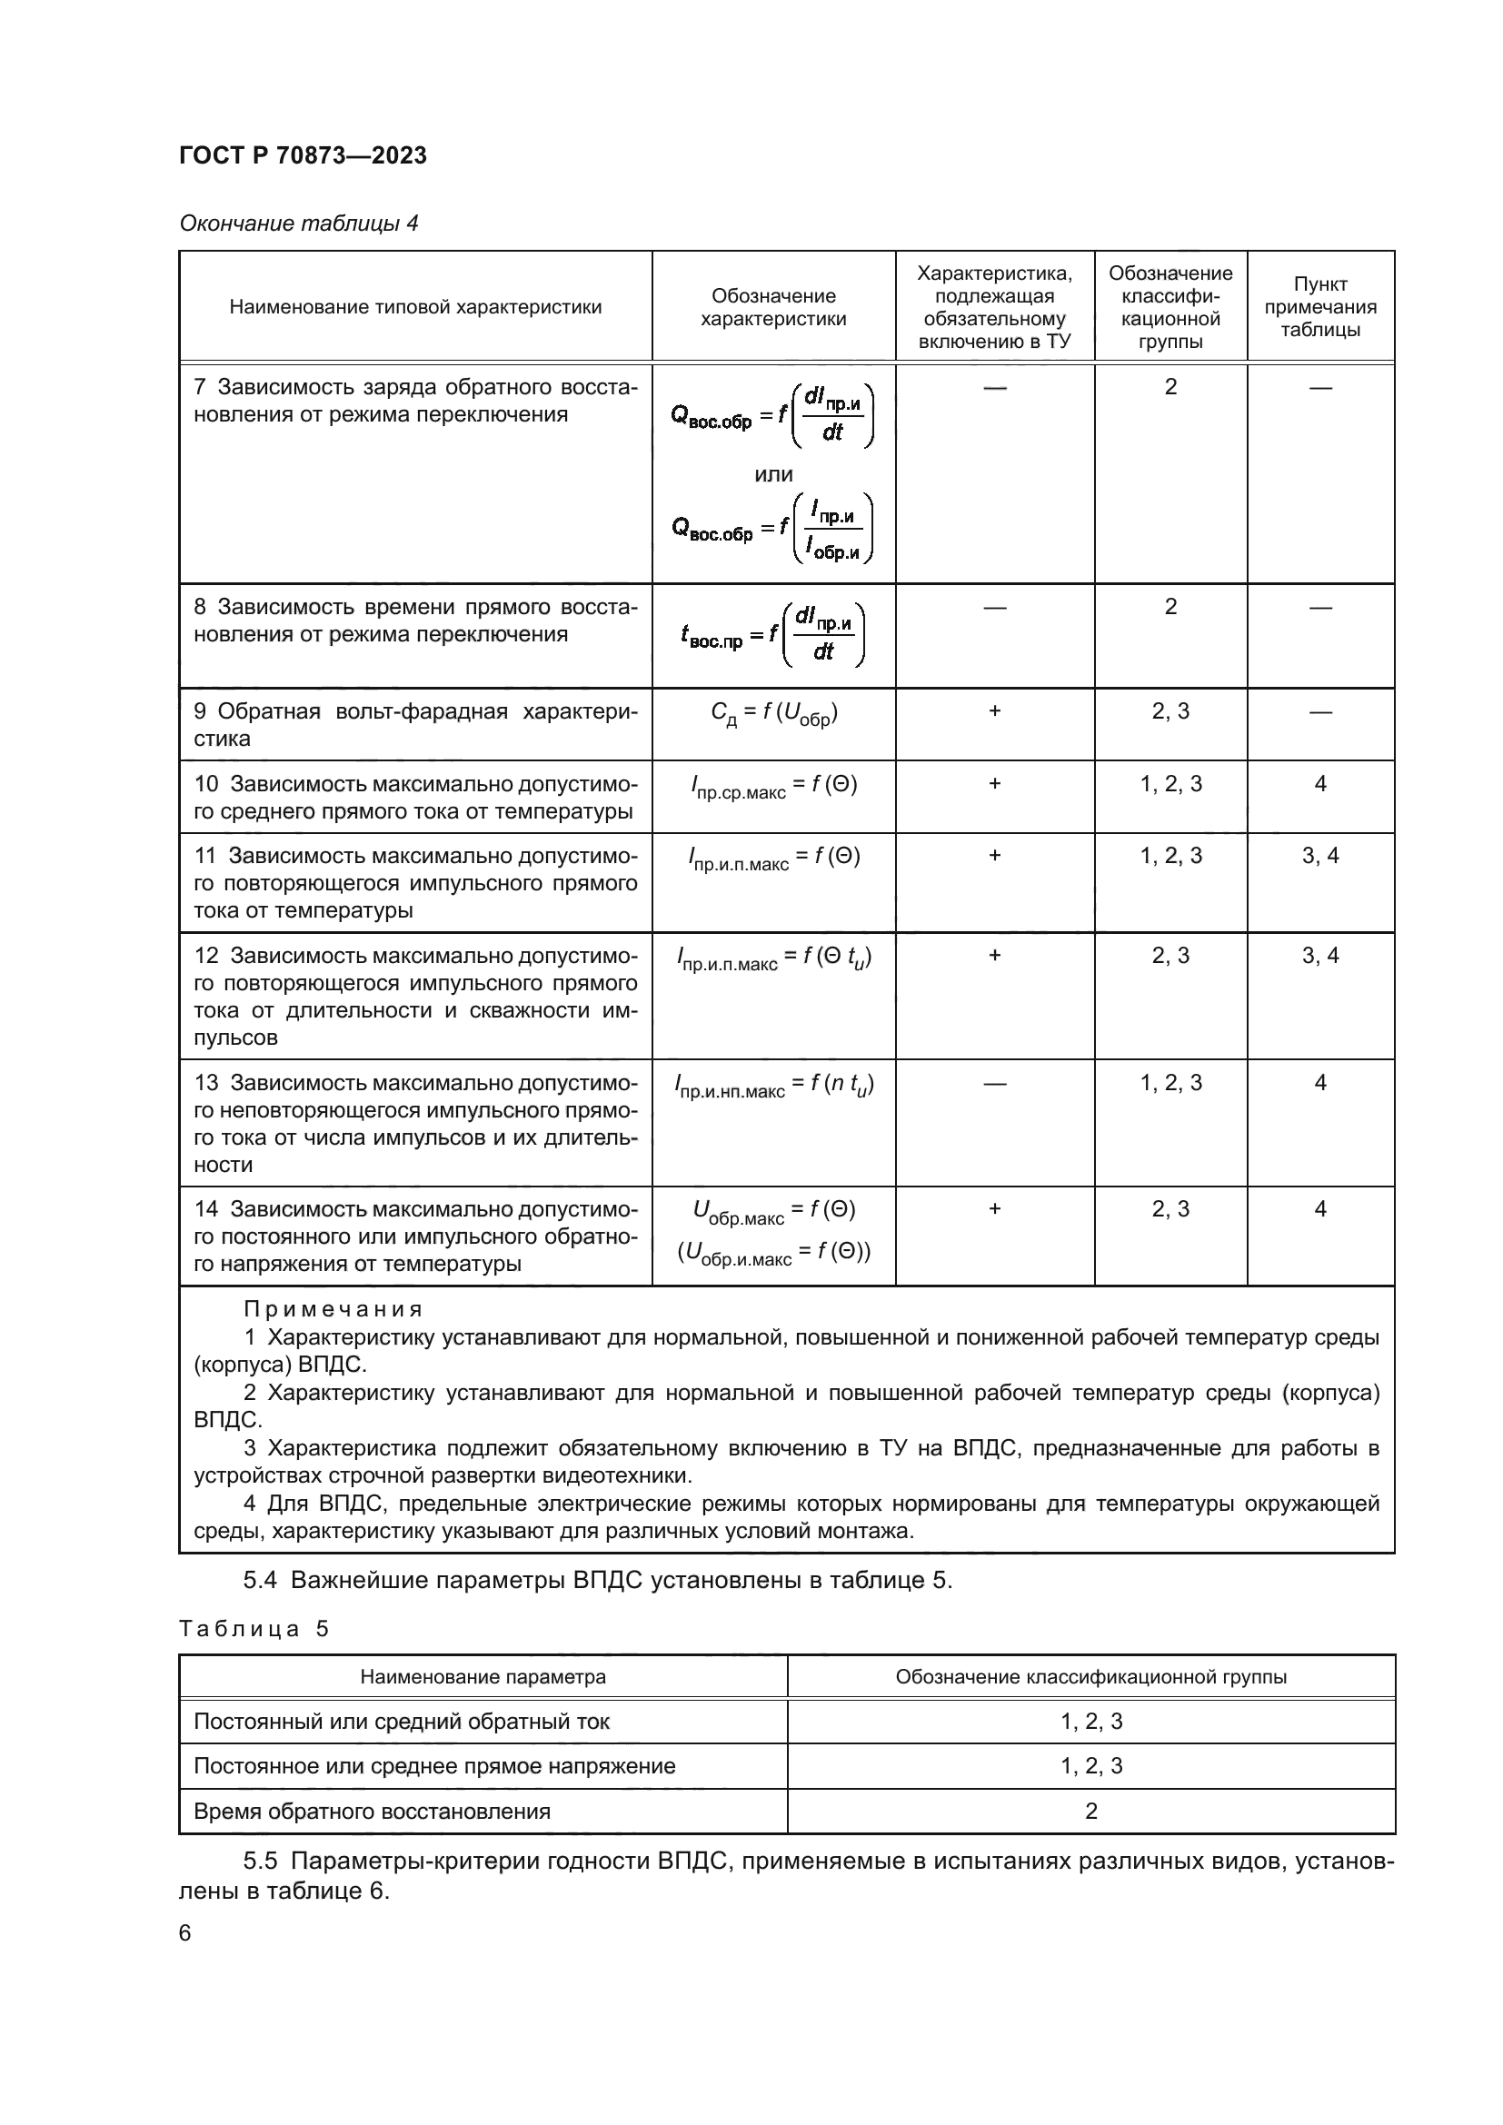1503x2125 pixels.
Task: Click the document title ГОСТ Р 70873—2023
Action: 303,155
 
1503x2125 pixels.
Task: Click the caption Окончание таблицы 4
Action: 298,224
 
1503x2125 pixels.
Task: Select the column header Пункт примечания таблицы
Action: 1319,307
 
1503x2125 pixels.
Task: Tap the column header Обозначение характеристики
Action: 772,307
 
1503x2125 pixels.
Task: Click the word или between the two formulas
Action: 772,475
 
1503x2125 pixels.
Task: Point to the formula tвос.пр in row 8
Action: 771,635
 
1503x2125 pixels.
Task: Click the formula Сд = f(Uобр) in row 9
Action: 772,713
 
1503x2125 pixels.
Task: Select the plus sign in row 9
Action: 994,710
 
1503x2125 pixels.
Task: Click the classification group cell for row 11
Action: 1170,856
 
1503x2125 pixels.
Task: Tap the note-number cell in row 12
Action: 1319,955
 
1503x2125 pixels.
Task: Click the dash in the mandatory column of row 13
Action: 994,1083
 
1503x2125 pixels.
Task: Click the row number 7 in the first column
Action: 200,387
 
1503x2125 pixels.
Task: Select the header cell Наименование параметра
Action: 483,1677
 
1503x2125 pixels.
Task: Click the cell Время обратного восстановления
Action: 371,1812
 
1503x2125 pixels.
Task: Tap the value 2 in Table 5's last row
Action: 1090,1812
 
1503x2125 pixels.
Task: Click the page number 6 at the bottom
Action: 185,1933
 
